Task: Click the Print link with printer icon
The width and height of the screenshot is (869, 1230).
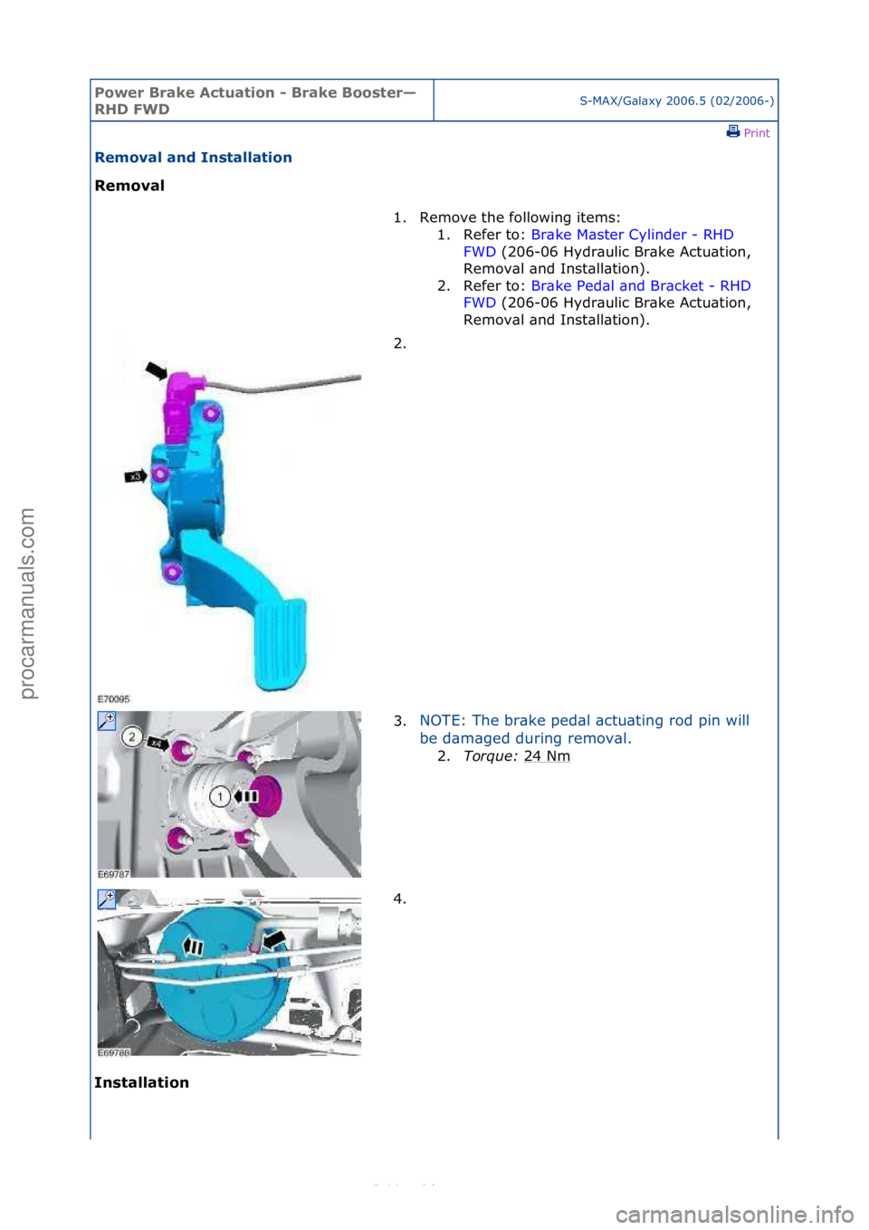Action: click(748, 132)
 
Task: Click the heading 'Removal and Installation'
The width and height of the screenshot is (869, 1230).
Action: click(193, 158)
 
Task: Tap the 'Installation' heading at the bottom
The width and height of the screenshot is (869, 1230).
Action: click(141, 1082)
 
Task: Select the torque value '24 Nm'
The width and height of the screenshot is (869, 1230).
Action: click(547, 756)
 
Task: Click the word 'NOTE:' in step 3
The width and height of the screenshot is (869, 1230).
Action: click(443, 721)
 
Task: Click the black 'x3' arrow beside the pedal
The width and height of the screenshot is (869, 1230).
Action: click(136, 476)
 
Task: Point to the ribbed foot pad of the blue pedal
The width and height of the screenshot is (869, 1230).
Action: click(280, 643)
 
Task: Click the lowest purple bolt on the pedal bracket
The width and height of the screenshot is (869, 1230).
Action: click(171, 572)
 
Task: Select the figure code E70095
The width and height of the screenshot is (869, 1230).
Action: click(114, 699)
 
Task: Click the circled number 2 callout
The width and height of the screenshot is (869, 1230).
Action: click(132, 736)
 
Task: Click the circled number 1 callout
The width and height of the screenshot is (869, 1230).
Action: click(220, 796)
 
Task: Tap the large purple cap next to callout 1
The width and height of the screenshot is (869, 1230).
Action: click(268, 796)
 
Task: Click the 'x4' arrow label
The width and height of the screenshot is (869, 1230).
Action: click(158, 743)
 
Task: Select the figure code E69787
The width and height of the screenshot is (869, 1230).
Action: click(114, 874)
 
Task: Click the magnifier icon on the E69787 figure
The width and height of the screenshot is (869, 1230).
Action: click(107, 721)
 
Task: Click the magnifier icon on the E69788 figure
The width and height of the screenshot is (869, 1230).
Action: click(107, 899)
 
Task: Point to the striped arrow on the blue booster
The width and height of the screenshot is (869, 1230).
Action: click(193, 947)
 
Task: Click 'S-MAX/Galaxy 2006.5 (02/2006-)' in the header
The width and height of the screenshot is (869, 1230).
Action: click(676, 101)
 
